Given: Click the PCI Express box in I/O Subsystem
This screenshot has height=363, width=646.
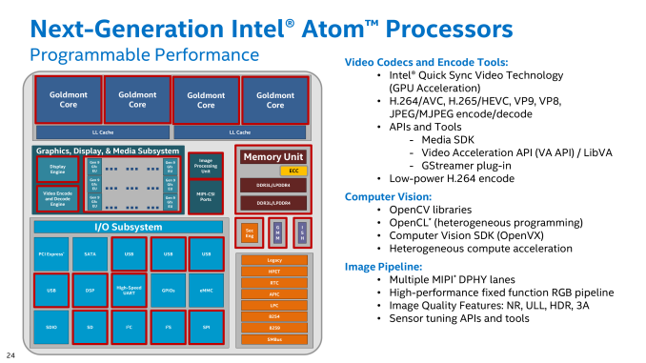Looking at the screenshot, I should click(50, 253).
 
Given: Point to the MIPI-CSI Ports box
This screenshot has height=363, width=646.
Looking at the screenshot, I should click(206, 197).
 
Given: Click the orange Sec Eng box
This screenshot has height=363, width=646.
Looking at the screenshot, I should click(249, 232).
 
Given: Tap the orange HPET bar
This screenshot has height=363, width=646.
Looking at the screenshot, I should click(274, 271).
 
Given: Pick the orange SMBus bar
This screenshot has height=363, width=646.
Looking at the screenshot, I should click(274, 338).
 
